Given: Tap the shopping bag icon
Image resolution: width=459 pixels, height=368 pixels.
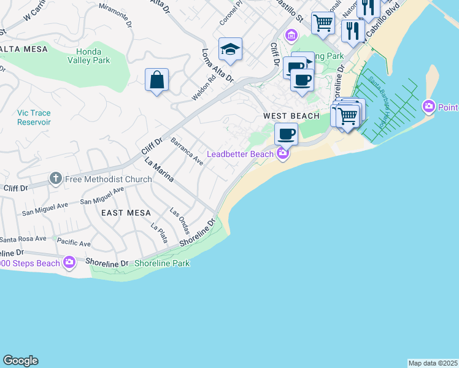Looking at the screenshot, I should (x=157, y=80).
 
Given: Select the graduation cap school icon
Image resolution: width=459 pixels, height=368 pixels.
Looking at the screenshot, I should (x=230, y=50).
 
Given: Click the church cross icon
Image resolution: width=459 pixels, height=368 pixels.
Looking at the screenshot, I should (x=55, y=179).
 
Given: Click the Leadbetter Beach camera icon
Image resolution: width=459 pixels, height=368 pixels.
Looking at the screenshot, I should (x=282, y=153).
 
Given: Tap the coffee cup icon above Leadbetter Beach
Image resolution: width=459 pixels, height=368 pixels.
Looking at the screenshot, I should (x=286, y=134).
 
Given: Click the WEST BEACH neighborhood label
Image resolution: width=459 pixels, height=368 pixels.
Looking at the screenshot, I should (x=291, y=116).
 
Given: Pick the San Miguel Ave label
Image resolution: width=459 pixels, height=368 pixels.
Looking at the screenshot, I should (x=102, y=196).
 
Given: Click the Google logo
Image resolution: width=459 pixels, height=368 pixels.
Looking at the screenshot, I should (x=20, y=361).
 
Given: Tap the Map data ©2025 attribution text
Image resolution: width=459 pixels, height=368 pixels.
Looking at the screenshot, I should (x=433, y=363).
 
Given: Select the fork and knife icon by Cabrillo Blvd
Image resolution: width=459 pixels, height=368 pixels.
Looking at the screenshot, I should (x=352, y=30).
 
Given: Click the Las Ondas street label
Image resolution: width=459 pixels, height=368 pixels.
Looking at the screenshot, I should (x=180, y=221).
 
